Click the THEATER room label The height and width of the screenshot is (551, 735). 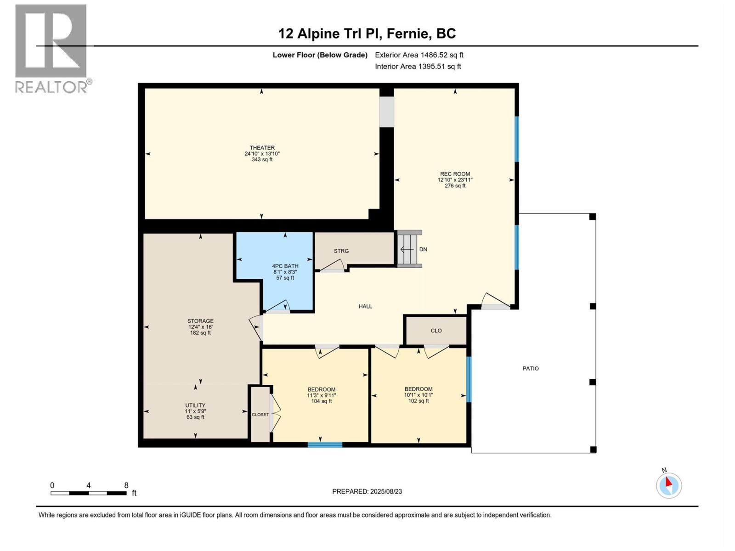[x=262, y=148]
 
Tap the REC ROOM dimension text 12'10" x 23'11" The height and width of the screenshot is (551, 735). [x=455, y=180]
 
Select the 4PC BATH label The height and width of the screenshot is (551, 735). [x=285, y=266]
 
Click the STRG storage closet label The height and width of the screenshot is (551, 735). [x=341, y=251]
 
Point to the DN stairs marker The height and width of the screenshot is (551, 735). [x=423, y=249]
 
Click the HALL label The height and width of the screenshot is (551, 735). [x=365, y=306]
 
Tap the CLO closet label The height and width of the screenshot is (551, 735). [x=436, y=331]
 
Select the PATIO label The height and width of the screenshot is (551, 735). [x=531, y=368]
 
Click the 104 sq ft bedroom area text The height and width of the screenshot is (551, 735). [x=321, y=401]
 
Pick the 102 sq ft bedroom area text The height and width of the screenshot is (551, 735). [x=418, y=401]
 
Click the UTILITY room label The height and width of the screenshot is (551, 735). [x=195, y=405]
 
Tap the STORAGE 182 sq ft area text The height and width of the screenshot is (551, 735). [x=200, y=333]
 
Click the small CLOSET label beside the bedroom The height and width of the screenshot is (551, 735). [x=260, y=415]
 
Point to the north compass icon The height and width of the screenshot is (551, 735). [x=668, y=485]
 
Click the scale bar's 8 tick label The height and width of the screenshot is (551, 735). [x=126, y=485]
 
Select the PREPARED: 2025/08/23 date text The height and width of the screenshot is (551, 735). [x=367, y=491]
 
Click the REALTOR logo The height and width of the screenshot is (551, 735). [x=51, y=48]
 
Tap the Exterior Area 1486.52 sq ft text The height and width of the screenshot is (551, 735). [x=418, y=55]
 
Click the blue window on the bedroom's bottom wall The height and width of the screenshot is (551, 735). [x=324, y=444]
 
